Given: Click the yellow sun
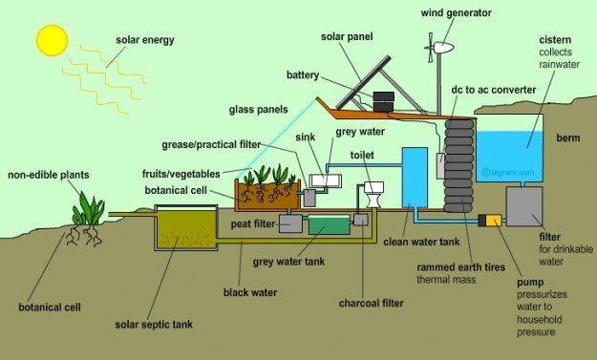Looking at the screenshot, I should [x=52, y=39].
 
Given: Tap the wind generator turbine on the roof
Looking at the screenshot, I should [x=440, y=47].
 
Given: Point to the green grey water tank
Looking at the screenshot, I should [x=328, y=225].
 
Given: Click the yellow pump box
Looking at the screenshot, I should [x=493, y=221].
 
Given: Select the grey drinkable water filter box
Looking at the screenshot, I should [x=524, y=205].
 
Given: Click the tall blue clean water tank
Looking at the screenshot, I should [x=415, y=178].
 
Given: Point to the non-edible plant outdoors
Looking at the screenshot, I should [x=88, y=210].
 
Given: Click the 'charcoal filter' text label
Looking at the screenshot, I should [x=357, y=304].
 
